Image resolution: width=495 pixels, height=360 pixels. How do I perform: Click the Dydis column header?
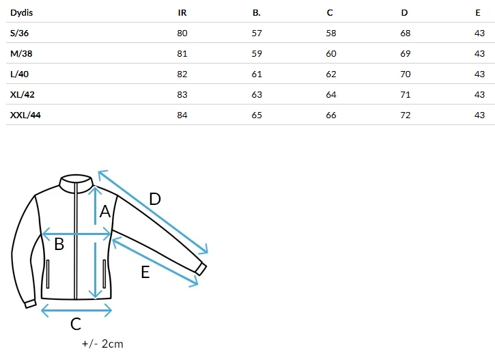[21, 12]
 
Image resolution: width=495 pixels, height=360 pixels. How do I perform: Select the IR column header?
[182, 12]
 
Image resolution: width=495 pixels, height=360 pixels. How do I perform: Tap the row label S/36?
[19, 33]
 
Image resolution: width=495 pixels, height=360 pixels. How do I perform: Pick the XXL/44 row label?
[25, 115]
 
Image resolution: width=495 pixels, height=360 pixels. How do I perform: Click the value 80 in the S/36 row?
[182, 33]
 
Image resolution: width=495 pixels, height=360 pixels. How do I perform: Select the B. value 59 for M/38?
[257, 54]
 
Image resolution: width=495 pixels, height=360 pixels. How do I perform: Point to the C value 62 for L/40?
[331, 74]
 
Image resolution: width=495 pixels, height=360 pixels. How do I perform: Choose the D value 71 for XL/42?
[406, 95]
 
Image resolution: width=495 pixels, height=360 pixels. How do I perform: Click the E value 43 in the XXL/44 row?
[479, 115]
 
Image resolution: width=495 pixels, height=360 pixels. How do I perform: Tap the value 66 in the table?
[331, 115]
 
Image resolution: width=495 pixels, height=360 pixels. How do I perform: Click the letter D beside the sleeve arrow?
[155, 199]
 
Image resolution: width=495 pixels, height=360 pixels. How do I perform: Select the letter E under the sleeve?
[145, 272]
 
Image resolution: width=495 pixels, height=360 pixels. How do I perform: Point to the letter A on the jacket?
[105, 212]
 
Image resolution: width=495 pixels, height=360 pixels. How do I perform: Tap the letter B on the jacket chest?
[59, 244]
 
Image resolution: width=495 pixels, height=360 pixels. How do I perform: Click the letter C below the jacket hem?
[76, 324]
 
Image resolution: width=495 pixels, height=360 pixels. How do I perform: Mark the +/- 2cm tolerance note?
[102, 344]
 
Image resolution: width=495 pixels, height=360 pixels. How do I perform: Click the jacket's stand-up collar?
[76, 183]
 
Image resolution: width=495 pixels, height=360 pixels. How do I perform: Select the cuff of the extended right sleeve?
[201, 269]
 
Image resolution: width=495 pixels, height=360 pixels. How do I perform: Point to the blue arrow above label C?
[76, 310]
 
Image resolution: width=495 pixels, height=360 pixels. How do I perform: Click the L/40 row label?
[19, 74]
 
